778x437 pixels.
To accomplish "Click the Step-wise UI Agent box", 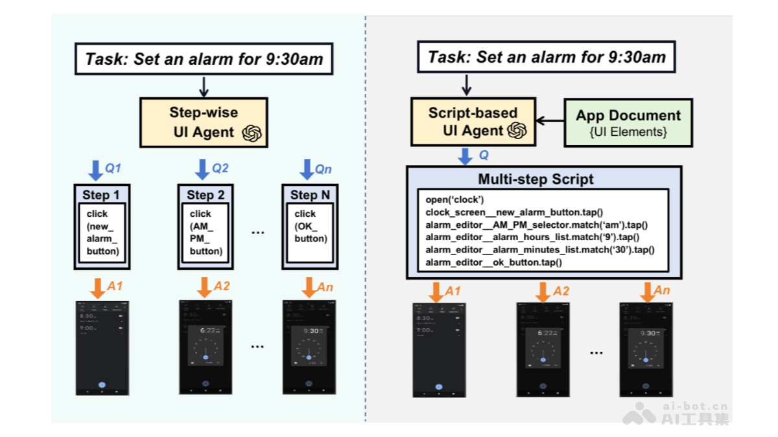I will coord(204,122).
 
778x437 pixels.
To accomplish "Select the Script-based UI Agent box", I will coord(473,122).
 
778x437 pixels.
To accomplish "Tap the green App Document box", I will coord(628,122).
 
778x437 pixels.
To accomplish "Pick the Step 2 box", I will coord(206,226).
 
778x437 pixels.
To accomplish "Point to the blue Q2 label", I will coord(220,168).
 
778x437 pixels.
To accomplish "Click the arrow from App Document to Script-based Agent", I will coord(550,121).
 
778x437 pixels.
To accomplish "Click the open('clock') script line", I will coord(454,200).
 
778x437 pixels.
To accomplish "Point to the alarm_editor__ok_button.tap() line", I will coord(493,262).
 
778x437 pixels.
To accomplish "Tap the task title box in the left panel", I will coord(204,60).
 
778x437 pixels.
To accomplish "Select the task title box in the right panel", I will coord(547,57).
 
